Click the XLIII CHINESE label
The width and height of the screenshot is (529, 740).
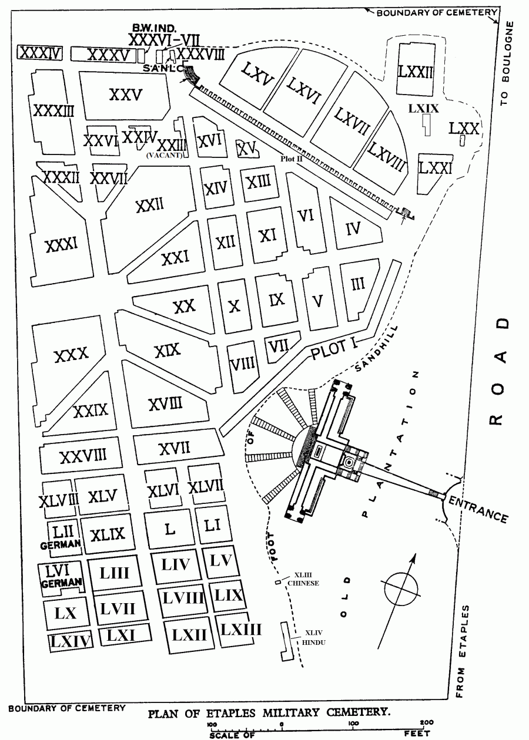click(303, 580)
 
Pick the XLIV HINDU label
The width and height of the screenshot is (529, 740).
click(312, 638)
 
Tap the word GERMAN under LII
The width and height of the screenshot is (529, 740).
click(59, 544)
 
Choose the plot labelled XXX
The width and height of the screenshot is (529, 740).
click(71, 355)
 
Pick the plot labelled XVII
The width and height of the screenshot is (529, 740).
click(175, 449)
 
